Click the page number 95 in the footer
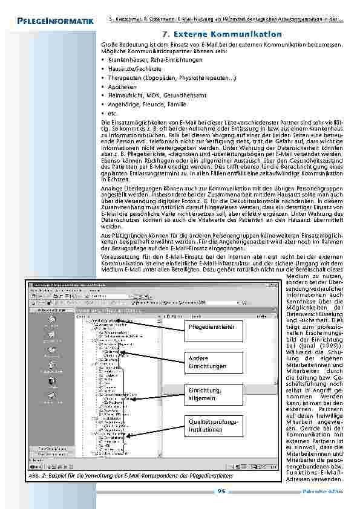(221, 491)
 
